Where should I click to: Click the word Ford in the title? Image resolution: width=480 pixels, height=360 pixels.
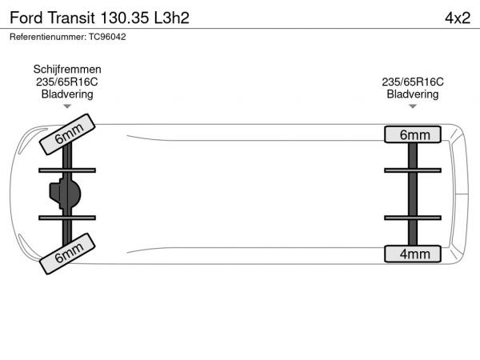26,18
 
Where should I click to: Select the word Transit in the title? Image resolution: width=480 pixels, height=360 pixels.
71,18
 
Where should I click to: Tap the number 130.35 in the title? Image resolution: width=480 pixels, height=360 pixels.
125,18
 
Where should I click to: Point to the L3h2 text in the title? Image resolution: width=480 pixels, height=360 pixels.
172,18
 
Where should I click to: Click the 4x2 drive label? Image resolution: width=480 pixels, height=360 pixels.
458,18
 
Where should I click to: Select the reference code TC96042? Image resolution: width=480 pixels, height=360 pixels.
107,37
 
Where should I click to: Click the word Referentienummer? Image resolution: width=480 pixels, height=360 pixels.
48,37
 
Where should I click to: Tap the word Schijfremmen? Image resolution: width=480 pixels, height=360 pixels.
67,70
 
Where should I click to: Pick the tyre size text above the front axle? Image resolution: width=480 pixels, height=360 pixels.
67,82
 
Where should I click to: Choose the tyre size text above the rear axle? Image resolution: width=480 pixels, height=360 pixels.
413,82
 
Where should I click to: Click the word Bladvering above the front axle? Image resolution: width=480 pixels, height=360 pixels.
67,94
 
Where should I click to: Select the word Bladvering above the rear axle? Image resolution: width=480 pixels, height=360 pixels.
413,94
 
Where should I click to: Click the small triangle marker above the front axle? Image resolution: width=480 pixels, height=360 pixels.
67,106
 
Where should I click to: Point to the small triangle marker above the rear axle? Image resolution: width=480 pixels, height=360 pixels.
413,106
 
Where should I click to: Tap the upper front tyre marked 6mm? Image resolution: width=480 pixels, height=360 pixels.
67,134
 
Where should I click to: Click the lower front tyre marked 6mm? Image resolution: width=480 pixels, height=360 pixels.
67,254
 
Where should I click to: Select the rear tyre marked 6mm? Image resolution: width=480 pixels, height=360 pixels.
413,134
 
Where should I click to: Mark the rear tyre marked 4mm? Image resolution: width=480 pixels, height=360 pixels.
413,254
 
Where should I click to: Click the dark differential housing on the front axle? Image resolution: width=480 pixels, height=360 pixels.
65,194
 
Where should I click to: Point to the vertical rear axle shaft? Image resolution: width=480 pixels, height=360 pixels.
413,194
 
